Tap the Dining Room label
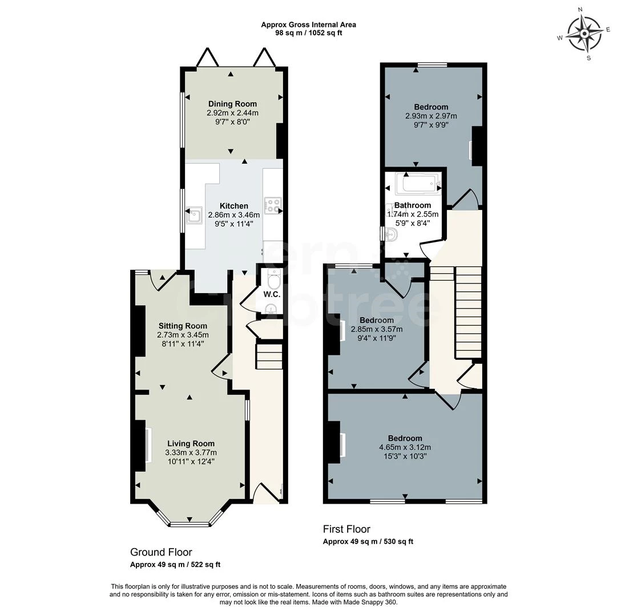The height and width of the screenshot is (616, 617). [232, 104]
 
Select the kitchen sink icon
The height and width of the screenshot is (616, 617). [194, 216]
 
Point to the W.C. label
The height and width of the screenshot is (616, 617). [271, 294]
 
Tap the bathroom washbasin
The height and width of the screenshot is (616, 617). [391, 233]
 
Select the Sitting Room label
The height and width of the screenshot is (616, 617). [183, 326]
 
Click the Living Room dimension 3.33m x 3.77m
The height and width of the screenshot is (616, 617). [191, 452]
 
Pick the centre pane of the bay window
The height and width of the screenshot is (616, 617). [191, 522]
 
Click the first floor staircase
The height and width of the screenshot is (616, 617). [468, 314]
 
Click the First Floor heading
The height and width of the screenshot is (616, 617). [346, 529]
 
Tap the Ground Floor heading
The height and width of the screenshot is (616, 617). [161, 552]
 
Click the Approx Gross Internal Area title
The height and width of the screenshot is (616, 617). [308, 25]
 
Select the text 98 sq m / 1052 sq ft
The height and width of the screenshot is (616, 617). [308, 33]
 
